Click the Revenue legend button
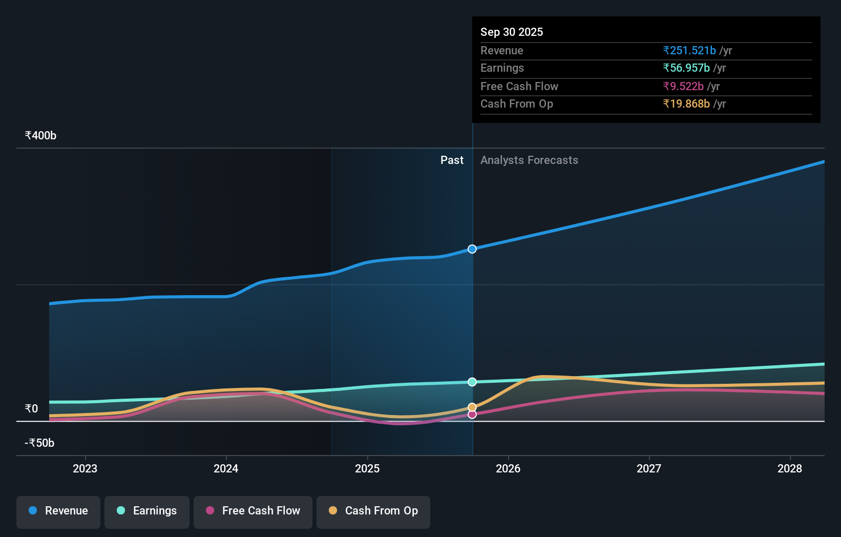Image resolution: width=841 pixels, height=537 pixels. pyautogui.click(x=58, y=511)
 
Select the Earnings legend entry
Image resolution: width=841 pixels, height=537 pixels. pyautogui.click(x=147, y=511)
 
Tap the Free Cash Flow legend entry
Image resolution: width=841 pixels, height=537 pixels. pyautogui.click(x=253, y=511)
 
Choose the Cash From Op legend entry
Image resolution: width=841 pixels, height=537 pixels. pyautogui.click(x=373, y=511)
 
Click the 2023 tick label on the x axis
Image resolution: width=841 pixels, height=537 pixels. pyautogui.click(x=85, y=468)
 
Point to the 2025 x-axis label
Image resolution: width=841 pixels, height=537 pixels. pyautogui.click(x=367, y=468)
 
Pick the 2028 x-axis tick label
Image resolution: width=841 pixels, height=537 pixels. pyautogui.click(x=789, y=468)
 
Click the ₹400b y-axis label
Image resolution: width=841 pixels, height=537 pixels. pyautogui.click(x=40, y=136)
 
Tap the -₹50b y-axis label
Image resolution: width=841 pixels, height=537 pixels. pyautogui.click(x=39, y=443)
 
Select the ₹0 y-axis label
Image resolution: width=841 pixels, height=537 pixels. pyautogui.click(x=31, y=408)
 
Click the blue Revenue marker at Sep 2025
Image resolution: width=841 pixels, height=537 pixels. pyautogui.click(x=472, y=249)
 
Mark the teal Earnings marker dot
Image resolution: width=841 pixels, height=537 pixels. pyautogui.click(x=472, y=382)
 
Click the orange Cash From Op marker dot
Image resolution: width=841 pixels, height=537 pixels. pyautogui.click(x=472, y=407)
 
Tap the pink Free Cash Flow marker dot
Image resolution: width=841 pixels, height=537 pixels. pyautogui.click(x=472, y=415)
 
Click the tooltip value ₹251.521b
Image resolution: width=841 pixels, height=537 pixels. pyautogui.click(x=689, y=50)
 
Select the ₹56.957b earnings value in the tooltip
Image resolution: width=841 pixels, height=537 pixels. pyautogui.click(x=686, y=68)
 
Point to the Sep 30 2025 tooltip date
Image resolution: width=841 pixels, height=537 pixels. pyautogui.click(x=511, y=32)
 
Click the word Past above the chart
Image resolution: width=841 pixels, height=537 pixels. pyautogui.click(x=452, y=160)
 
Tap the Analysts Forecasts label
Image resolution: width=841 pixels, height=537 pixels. pyautogui.click(x=529, y=160)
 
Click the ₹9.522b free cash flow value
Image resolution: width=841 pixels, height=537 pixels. pyautogui.click(x=683, y=86)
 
